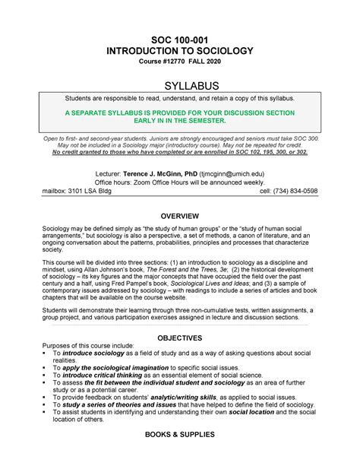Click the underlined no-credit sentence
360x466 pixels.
179,152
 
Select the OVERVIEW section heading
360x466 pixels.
179,217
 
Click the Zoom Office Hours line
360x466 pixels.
179,182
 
